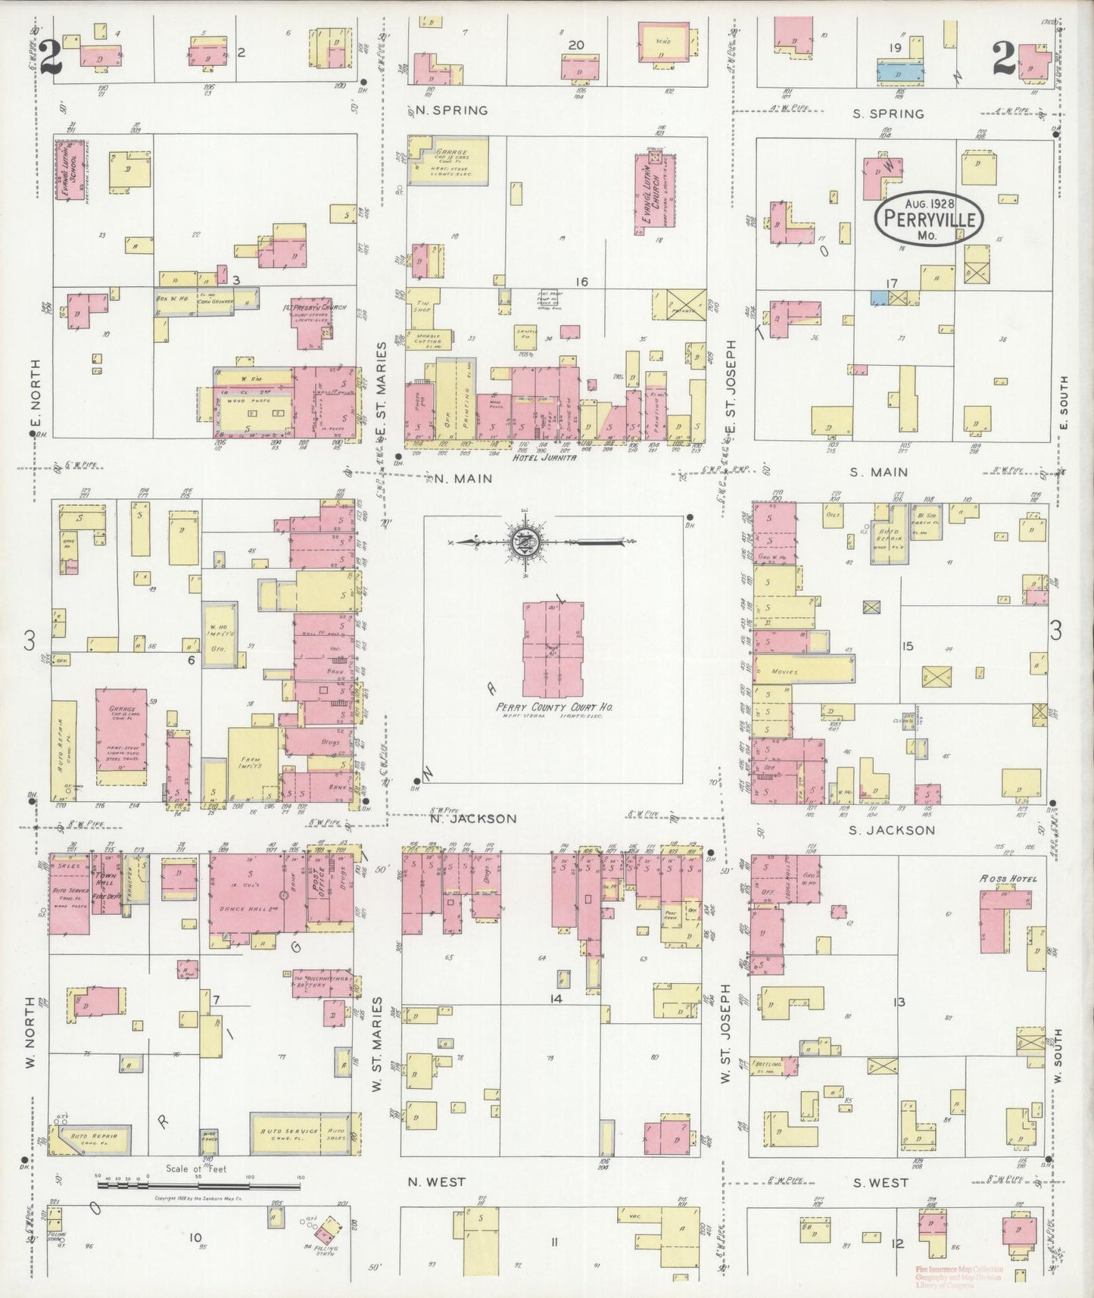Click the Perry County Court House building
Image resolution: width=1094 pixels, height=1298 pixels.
(x=553, y=651)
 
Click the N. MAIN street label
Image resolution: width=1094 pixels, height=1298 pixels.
(x=463, y=478)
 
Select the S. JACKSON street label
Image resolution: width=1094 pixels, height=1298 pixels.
(x=893, y=830)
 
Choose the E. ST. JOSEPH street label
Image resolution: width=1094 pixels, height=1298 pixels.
(x=731, y=390)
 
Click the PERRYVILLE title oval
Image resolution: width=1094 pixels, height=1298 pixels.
(x=929, y=219)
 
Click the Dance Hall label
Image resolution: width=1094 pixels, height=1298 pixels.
(x=246, y=908)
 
